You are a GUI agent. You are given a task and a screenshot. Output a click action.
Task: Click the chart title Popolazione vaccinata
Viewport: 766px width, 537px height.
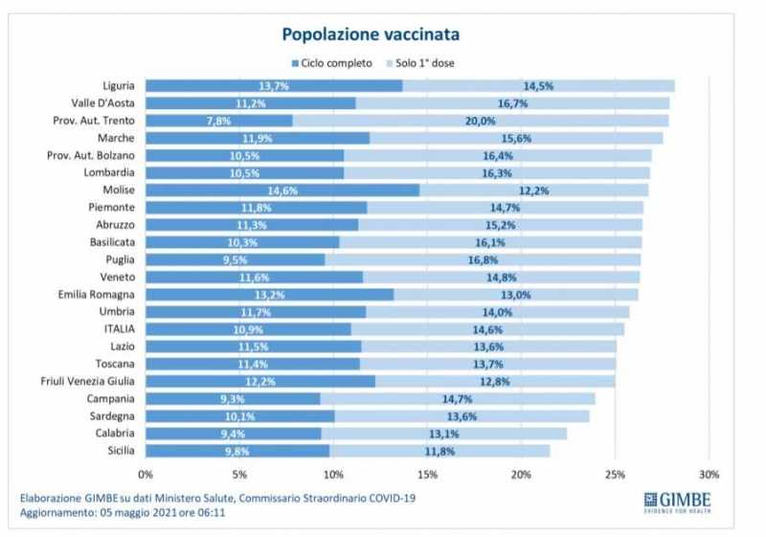[370, 34]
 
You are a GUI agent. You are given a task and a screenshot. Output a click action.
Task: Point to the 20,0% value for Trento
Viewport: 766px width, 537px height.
[480, 121]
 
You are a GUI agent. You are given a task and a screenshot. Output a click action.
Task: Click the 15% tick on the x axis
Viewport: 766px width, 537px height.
[427, 474]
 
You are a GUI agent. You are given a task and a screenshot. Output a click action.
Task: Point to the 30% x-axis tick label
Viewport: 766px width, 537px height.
[708, 474]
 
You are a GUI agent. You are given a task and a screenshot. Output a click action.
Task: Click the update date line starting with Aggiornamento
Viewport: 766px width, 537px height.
[124, 513]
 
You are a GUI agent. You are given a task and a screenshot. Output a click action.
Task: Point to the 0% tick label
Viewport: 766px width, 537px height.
[146, 474]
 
